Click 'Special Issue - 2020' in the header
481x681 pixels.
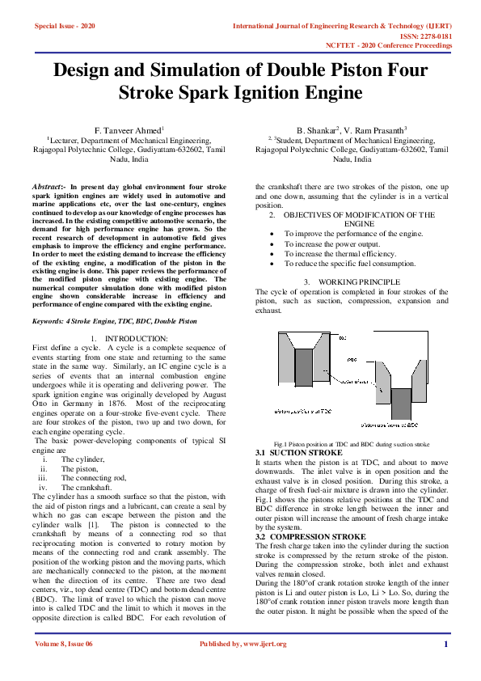[x=65, y=27]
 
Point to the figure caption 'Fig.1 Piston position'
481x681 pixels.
[x=307, y=445]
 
